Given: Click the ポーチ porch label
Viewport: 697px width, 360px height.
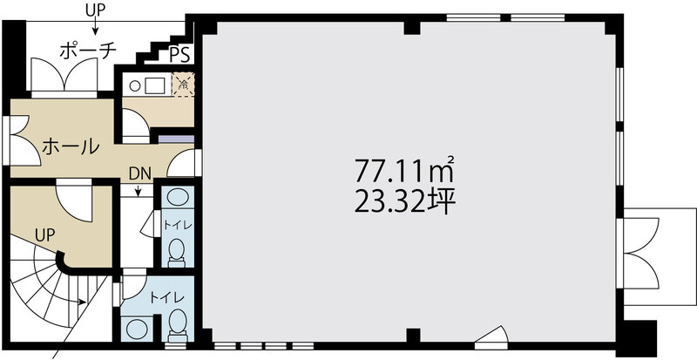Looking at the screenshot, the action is pos(88,51).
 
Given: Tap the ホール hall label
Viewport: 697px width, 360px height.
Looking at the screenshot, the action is pos(71,146).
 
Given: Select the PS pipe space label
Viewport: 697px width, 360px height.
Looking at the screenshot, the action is pos(180,55).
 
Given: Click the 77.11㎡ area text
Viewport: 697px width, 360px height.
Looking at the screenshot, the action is pos(404,170).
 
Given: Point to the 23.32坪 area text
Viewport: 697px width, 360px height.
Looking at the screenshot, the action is pos(404,201).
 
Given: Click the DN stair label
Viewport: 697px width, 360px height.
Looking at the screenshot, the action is pos(140,173).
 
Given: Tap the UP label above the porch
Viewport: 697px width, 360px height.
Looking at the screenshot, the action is pos(95,11).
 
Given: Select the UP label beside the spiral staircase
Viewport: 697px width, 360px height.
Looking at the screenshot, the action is pos(44,235).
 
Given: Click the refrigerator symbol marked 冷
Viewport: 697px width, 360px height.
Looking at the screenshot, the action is pos(183,84).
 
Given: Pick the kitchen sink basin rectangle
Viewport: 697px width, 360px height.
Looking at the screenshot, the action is pos(155,85).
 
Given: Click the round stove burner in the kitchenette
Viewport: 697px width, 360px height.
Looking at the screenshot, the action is pos(136,85).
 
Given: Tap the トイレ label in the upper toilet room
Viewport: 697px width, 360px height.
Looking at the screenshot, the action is pos(178,225).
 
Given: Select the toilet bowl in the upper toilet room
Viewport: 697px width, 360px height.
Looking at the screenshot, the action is pos(177,253).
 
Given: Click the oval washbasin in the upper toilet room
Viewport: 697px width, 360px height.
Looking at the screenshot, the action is pos(178,197).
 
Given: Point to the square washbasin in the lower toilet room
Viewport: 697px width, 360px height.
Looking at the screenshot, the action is pos(135,329).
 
